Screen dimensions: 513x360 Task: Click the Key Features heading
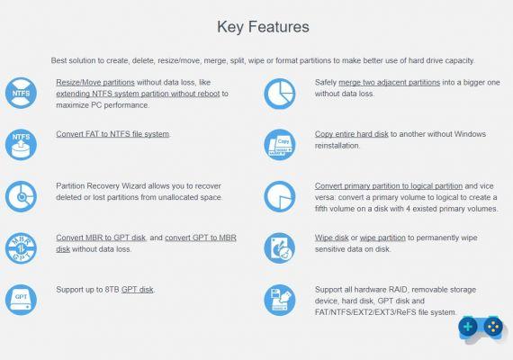pos(263,27)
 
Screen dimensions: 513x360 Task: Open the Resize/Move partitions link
pos(95,83)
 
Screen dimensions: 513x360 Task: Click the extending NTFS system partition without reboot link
pos(138,94)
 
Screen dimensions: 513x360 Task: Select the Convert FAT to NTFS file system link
pos(112,134)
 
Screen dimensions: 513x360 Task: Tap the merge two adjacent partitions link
pos(390,83)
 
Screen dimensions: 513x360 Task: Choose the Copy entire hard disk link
pos(351,134)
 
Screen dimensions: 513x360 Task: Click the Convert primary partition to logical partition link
pos(389,186)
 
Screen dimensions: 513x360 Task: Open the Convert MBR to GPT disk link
pos(101,238)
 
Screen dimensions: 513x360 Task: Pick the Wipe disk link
pos(331,238)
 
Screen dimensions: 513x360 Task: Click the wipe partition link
pos(382,238)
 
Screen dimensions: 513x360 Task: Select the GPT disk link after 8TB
pos(137,290)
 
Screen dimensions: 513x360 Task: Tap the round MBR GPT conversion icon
pos(21,248)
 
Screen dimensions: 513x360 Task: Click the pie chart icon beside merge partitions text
pos(280,94)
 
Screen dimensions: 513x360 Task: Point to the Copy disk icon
pos(280,145)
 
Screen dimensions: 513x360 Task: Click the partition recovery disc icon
pos(21,196)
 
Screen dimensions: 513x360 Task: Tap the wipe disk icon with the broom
pos(280,248)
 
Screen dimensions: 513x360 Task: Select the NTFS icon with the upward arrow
pos(21,145)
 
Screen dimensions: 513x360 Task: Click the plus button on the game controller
pos(468,327)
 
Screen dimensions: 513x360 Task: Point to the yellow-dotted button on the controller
pos(493,327)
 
